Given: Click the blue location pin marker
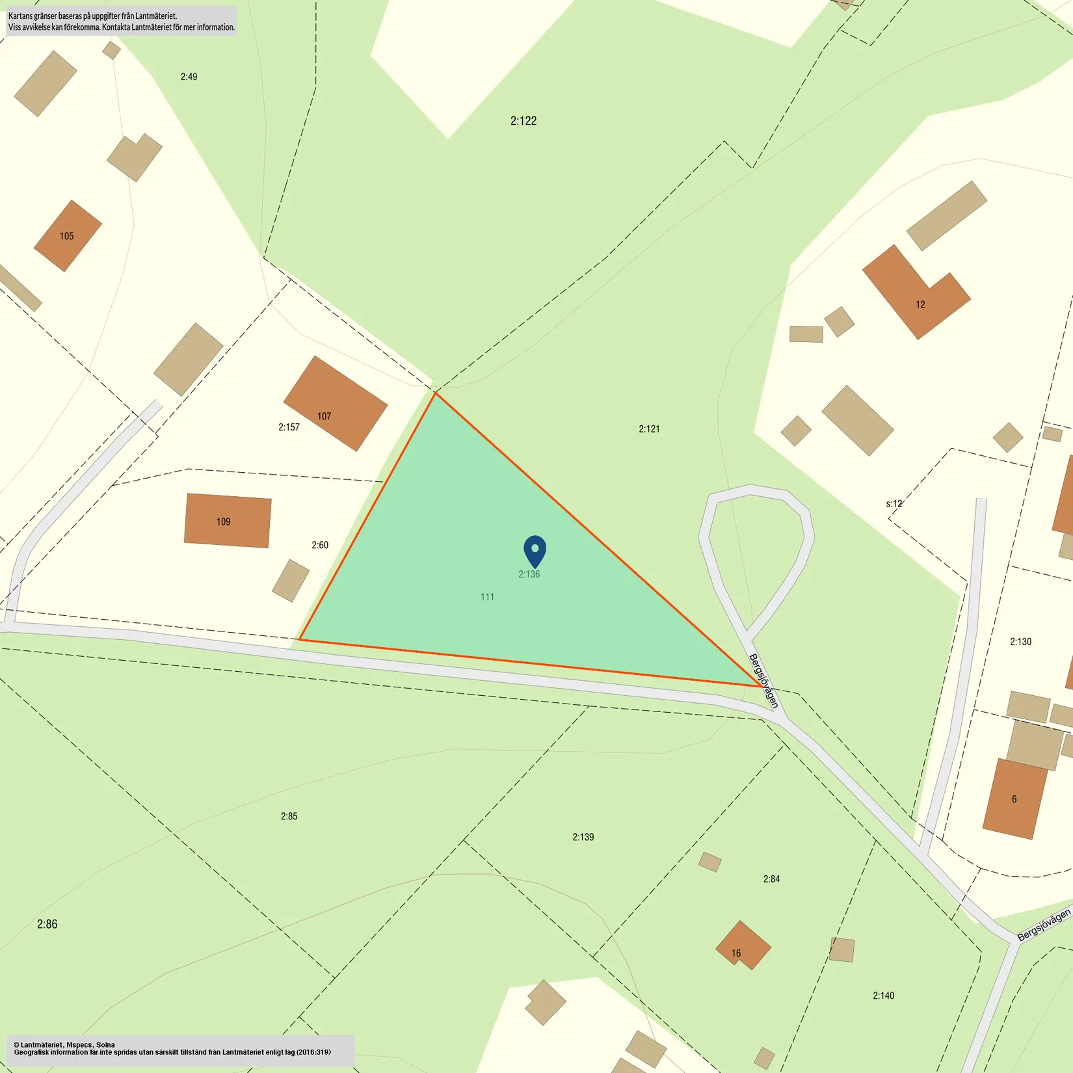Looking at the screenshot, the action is pyautogui.click(x=535, y=550).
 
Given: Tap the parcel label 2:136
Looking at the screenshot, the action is pyautogui.click(x=529, y=574).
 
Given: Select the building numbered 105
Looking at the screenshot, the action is pyautogui.click(x=67, y=235).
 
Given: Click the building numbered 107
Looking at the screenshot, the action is pyautogui.click(x=335, y=403).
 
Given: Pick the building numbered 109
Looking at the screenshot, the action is pyautogui.click(x=227, y=520).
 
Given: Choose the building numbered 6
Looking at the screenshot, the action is pyautogui.click(x=1014, y=799).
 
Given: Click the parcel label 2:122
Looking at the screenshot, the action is pyautogui.click(x=523, y=121).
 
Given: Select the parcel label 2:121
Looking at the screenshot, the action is pyautogui.click(x=649, y=429).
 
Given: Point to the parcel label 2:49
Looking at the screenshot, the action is pyautogui.click(x=189, y=77).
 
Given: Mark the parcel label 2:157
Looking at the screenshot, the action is pyautogui.click(x=289, y=427).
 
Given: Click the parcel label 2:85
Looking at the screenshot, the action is pyautogui.click(x=289, y=816).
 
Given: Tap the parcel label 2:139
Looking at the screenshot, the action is pyautogui.click(x=583, y=837).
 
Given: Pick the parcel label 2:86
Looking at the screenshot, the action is pyautogui.click(x=47, y=924).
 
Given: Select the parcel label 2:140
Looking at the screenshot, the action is pyautogui.click(x=883, y=996).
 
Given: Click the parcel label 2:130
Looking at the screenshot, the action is pyautogui.click(x=1020, y=642).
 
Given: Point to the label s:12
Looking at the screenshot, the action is pyautogui.click(x=894, y=504).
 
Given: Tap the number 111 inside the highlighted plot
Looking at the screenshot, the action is pyautogui.click(x=487, y=597).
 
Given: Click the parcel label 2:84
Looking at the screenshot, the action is pyautogui.click(x=771, y=879).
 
